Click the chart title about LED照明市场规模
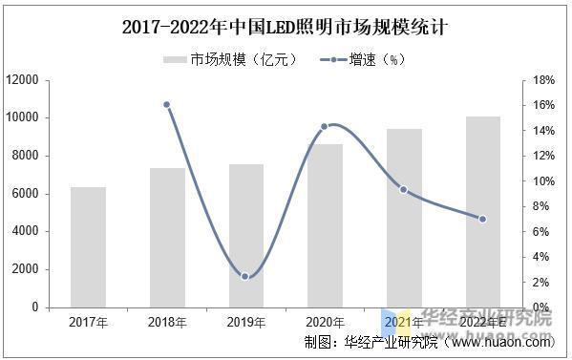pos(286,28)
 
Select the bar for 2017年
pos(88,247)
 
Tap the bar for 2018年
pos(167,238)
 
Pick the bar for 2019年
pos(246,236)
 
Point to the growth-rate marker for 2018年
pos(167,105)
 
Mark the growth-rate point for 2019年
pos(245,276)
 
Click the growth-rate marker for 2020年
pos(325,126)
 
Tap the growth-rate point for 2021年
pos(404,189)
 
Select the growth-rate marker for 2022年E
pos(482,219)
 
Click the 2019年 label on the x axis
pos(245,323)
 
